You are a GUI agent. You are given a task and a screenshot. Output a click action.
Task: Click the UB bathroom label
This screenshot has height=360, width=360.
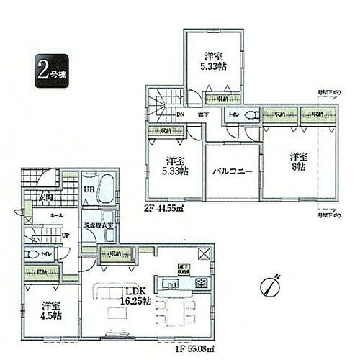pyautogui.click(x=89, y=189)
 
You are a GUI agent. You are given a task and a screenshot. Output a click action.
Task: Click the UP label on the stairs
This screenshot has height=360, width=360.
pyautogui.click(x=45, y=235)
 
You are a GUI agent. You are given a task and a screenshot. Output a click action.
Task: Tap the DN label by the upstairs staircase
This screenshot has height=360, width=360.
pyautogui.click(x=181, y=114)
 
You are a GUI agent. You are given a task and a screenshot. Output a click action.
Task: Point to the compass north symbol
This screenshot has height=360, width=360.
pyautogui.click(x=271, y=284)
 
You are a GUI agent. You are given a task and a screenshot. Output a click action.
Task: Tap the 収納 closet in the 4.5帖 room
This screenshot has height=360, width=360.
pyautogui.click(x=41, y=272)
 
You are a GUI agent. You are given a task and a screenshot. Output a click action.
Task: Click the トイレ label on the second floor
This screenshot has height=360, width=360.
pyautogui.click(x=233, y=114)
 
